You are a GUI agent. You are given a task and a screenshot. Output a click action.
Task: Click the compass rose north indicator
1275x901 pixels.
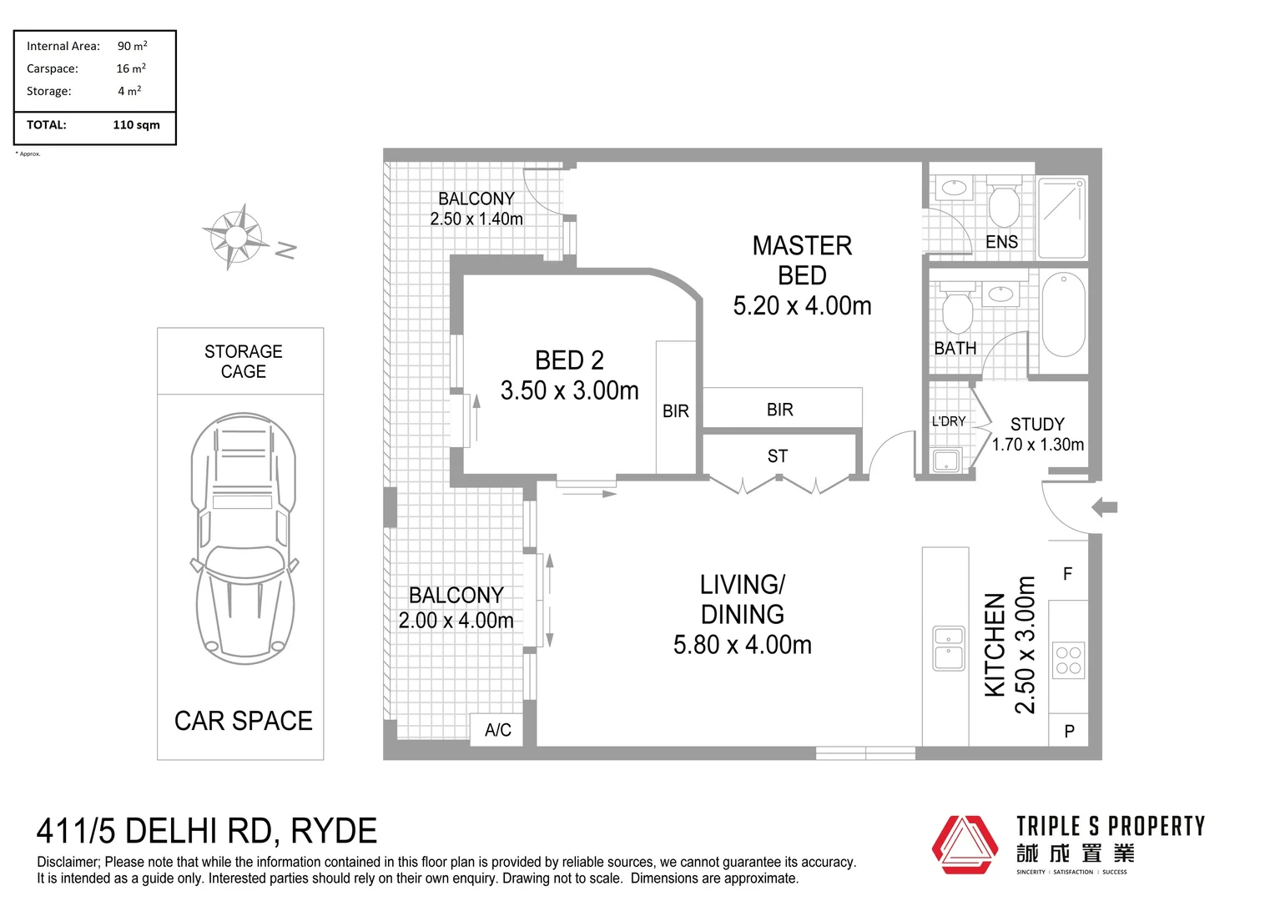pyautogui.click(x=236, y=237)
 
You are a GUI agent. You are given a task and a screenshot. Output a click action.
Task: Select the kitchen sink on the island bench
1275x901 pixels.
pyautogui.click(x=949, y=648)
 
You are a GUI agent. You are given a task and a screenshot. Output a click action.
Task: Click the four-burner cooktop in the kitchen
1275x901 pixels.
pyautogui.click(x=1068, y=660)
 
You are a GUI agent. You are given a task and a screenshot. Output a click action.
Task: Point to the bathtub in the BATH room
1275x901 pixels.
pyautogui.click(x=1063, y=314)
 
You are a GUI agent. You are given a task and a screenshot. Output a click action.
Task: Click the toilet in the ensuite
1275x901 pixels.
pyautogui.click(x=1003, y=204)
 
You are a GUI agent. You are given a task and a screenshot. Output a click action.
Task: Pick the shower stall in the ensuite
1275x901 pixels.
pyautogui.click(x=1062, y=218)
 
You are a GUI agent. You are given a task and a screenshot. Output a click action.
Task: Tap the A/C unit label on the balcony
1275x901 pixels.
pyautogui.click(x=498, y=730)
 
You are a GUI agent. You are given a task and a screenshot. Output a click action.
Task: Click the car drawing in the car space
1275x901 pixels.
pyautogui.click(x=244, y=539)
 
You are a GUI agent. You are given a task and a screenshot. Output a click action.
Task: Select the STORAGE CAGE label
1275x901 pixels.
pyautogui.click(x=244, y=362)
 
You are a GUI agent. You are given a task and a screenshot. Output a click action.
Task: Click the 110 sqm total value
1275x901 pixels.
pyautogui.click(x=136, y=125)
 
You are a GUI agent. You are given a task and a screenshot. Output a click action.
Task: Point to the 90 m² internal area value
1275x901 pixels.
pyautogui.click(x=132, y=46)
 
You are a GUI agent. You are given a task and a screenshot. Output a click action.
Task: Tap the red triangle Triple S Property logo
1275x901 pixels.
pyautogui.click(x=965, y=844)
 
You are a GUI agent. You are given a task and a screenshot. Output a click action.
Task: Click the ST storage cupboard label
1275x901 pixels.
pyautogui.click(x=778, y=456)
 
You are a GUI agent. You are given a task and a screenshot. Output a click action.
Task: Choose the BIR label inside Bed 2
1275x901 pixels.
pyautogui.click(x=676, y=411)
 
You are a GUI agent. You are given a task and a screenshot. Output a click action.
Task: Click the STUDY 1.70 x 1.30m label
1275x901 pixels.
pyautogui.click(x=1038, y=435)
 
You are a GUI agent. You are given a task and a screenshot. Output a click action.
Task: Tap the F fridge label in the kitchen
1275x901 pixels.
pyautogui.click(x=1068, y=574)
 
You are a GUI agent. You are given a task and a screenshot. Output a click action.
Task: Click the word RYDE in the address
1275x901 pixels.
pyautogui.click(x=334, y=832)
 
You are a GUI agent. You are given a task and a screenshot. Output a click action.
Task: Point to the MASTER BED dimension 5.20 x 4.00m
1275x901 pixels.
pyautogui.click(x=802, y=306)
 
